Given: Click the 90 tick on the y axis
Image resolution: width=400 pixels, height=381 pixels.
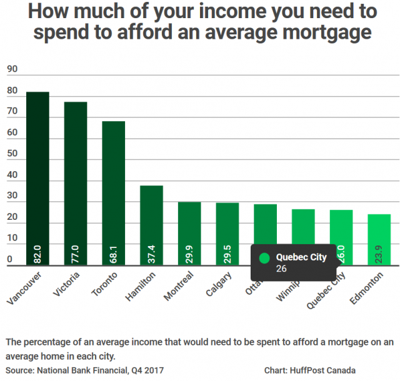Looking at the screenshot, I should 12,71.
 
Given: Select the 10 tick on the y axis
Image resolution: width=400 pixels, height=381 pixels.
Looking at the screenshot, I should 12,238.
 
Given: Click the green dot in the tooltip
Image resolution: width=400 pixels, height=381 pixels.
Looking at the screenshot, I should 264,257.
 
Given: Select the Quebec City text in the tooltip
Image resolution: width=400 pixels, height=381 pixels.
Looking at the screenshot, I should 301,257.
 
